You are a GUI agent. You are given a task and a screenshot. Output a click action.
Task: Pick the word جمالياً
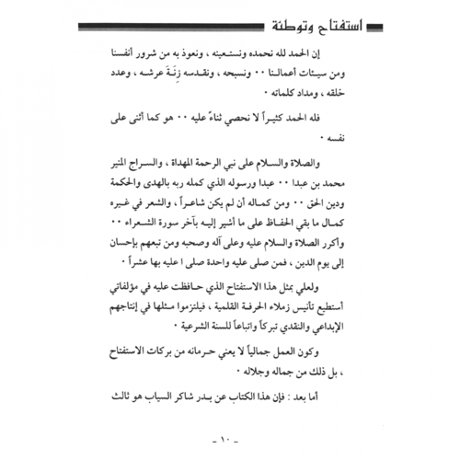tap(306, 353)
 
